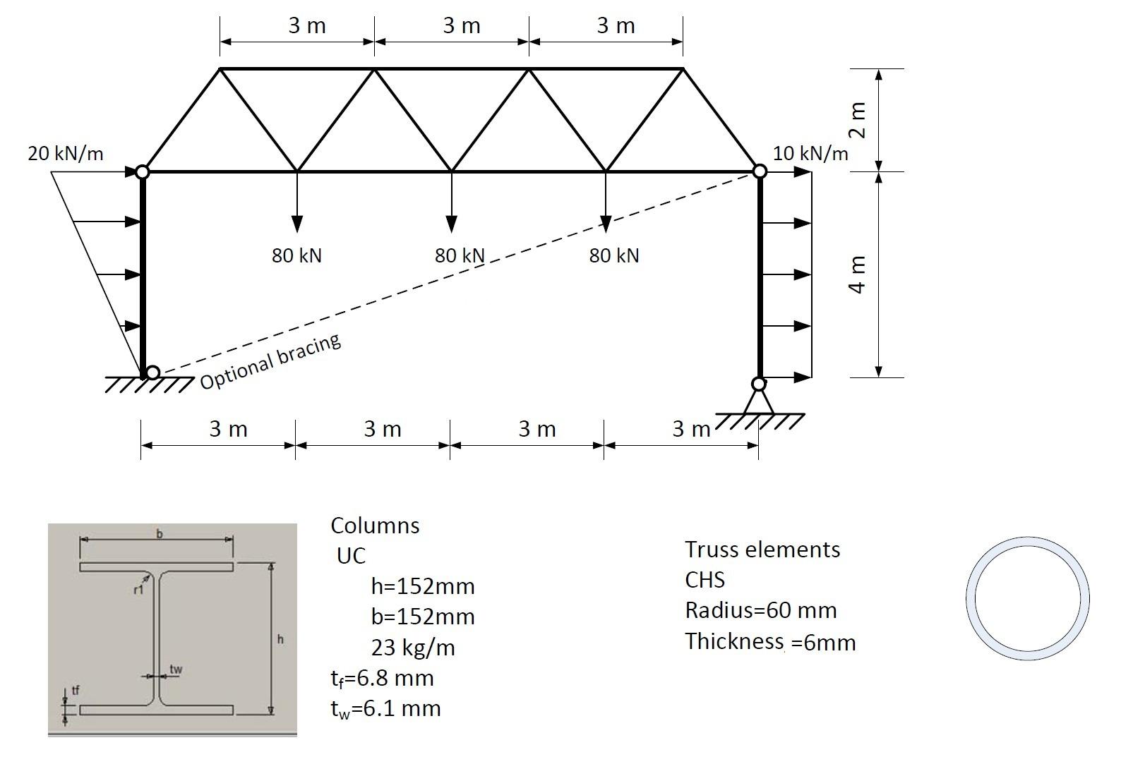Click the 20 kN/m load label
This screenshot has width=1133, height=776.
65,153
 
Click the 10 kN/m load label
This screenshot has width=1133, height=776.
810,153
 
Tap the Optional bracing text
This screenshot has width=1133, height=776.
271,361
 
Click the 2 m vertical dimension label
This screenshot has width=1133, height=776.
857,120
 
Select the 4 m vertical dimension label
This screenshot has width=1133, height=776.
857,274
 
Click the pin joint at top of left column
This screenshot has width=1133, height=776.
142,171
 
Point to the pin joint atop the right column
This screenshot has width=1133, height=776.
760,171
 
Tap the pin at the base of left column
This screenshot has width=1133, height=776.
152,372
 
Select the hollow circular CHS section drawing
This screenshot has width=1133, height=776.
1027,598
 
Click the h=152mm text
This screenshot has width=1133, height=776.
422,586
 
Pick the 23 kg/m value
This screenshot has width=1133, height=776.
413,648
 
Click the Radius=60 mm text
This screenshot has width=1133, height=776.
760,610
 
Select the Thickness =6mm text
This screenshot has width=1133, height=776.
769,642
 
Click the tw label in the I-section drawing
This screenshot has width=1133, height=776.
176,669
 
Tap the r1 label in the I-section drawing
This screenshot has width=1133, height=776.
138,589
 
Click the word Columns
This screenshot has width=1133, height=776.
375,526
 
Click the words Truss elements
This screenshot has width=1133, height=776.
762,550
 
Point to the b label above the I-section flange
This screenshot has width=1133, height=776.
159,534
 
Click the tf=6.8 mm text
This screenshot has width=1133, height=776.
382,679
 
